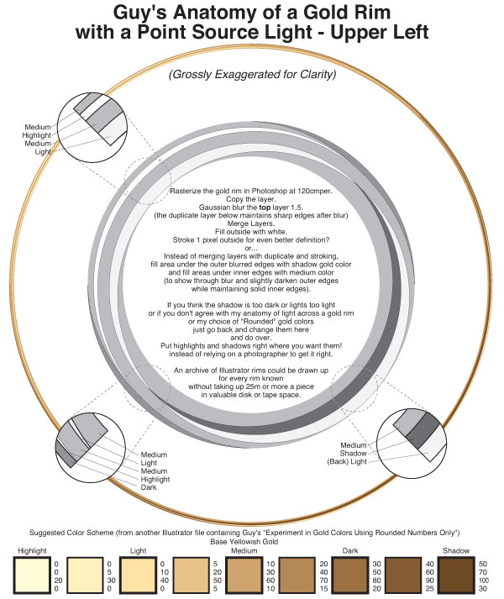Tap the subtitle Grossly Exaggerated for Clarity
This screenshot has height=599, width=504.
pyautogui.click(x=253, y=74)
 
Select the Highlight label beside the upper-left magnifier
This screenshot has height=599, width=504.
pyautogui.click(x=37, y=134)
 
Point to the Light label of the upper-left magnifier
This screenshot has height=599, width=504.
pyautogui.click(x=42, y=151)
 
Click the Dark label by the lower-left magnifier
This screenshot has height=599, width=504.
pyautogui.click(x=149, y=487)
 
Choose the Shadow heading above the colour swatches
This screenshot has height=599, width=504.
pyautogui.click(x=456, y=550)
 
